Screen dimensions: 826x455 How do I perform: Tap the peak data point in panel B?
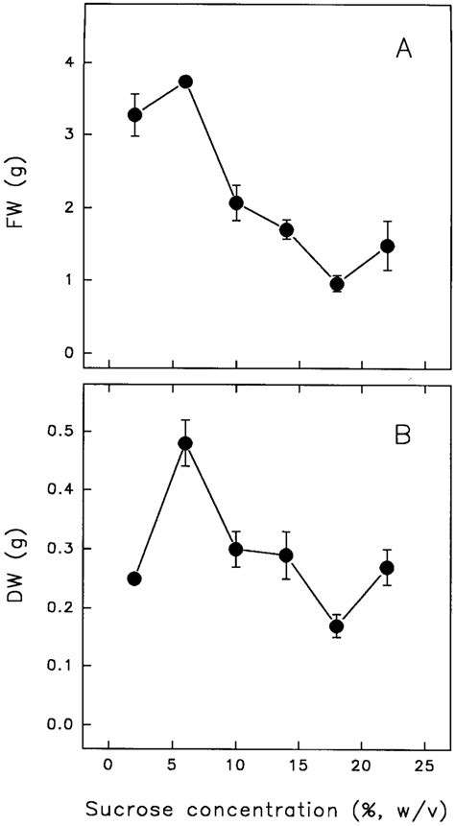185,443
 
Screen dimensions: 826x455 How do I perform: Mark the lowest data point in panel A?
337,284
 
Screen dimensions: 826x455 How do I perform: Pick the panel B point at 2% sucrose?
134,578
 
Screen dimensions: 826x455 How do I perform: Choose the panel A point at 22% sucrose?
388,247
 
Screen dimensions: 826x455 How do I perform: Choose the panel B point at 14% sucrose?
286,555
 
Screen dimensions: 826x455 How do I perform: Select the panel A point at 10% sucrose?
236,203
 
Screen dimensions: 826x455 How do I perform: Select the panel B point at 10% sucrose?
236,549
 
